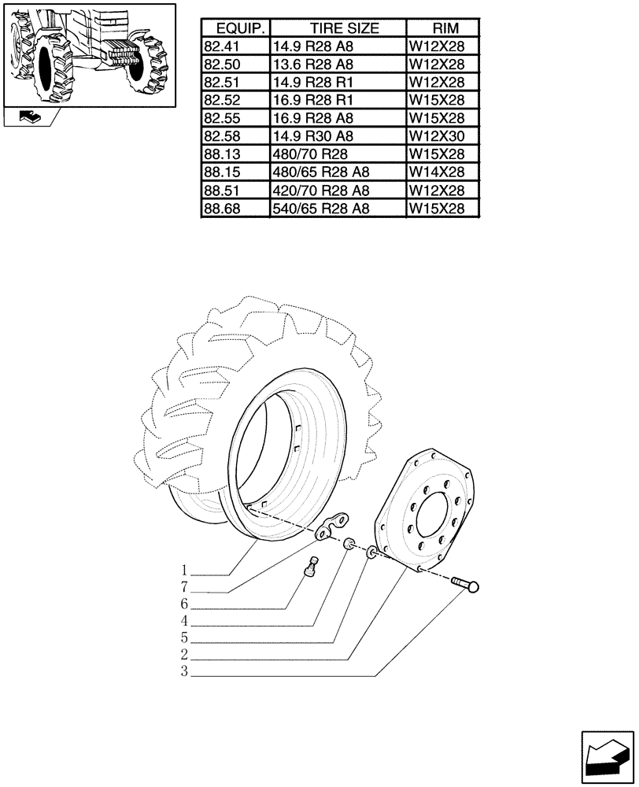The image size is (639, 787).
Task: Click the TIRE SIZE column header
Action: [x=337, y=28]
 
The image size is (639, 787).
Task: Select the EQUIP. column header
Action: [x=235, y=28]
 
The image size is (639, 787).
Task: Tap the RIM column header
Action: [x=441, y=28]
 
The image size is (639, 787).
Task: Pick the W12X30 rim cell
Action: [x=436, y=136]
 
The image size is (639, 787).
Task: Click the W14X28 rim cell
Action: [x=436, y=172]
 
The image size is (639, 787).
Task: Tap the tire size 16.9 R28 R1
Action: [x=312, y=100]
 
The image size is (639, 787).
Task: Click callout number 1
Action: [x=183, y=571]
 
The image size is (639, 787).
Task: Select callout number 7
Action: [x=183, y=588]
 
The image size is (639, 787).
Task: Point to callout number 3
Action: [x=183, y=672]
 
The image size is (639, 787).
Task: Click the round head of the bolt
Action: [x=474, y=587]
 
